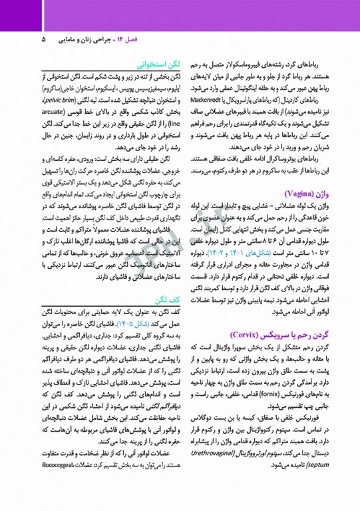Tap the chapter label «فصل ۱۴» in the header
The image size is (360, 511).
click(x=135, y=39)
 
